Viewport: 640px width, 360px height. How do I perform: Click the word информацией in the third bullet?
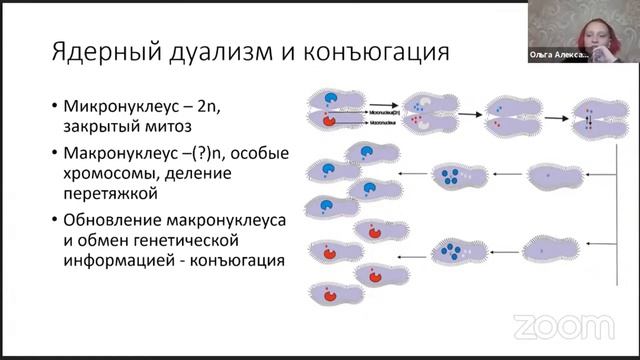122,262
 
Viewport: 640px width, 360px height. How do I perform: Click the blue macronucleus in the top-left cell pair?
334,100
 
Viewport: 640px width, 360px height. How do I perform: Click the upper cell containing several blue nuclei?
449,177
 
